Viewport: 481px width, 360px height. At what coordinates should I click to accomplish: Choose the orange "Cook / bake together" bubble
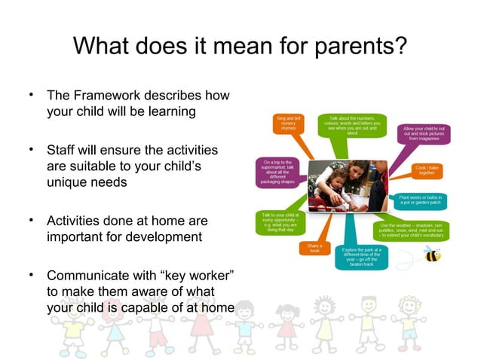pyautogui.click(x=427, y=171)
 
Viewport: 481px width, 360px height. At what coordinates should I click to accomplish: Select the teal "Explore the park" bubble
pyautogui.click(x=361, y=256)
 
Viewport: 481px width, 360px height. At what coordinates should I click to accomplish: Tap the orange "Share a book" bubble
pyautogui.click(x=314, y=248)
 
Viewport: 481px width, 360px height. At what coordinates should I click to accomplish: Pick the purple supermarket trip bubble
pyautogui.click(x=277, y=171)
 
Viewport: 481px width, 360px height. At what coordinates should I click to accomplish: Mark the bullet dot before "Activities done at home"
pyautogui.click(x=32, y=220)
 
